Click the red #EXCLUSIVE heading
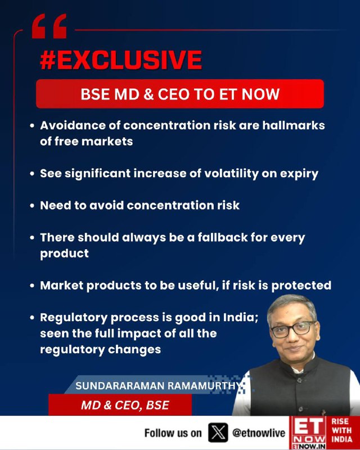point(121,60)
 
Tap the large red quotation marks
point(49,26)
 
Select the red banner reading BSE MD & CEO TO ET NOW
point(180,94)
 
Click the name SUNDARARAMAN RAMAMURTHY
point(157,386)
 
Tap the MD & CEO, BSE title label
point(125,405)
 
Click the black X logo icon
point(218,433)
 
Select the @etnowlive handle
point(259,433)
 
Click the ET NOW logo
point(308,433)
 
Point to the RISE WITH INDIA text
point(342,430)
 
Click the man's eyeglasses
point(293,330)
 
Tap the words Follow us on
point(173,433)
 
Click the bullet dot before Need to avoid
point(32,206)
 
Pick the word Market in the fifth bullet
point(62,286)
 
